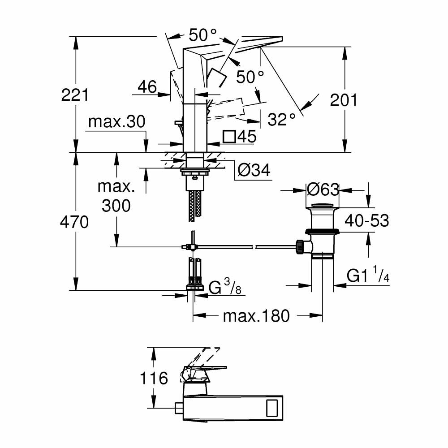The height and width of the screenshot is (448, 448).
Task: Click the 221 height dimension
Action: [75, 95]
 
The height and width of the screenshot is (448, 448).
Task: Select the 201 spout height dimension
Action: [344, 100]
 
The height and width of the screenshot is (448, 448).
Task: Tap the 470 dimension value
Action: [75, 222]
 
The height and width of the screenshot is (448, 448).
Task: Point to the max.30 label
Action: [117, 122]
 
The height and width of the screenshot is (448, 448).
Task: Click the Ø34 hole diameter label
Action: [254, 170]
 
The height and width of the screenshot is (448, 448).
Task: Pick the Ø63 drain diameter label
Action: [323, 190]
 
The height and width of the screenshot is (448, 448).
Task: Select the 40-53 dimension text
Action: [366, 220]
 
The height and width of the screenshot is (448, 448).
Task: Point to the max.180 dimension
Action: [257, 316]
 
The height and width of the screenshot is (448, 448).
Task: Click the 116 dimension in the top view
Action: [154, 378]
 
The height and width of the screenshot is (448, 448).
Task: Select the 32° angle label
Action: [282, 119]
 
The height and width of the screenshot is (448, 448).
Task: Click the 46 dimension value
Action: [147, 87]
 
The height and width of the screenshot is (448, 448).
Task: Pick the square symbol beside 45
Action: [229, 137]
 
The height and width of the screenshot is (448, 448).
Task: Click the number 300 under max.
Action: [116, 206]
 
